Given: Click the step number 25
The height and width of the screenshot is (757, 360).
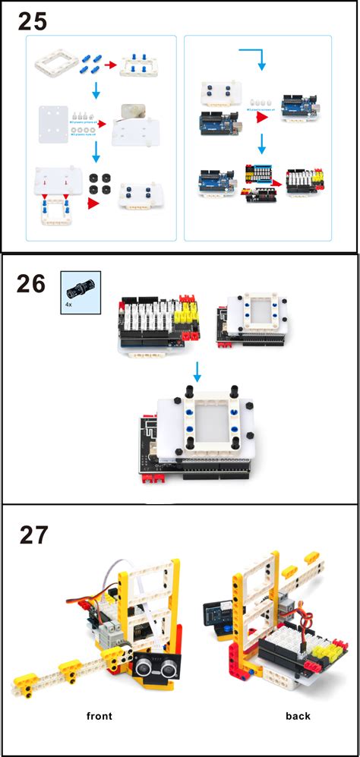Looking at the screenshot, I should (32, 21).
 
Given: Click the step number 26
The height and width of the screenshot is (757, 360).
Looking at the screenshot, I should (32, 285).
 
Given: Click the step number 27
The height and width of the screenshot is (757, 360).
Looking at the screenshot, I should (33, 535).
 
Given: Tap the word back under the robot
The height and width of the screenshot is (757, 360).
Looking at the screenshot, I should (298, 715).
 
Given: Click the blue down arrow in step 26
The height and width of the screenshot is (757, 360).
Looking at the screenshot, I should (197, 371).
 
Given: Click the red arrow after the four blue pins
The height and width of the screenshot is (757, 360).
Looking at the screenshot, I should (110, 67).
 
